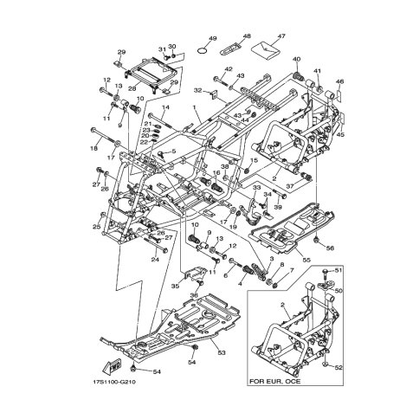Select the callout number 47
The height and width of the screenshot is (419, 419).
click(x=280, y=36)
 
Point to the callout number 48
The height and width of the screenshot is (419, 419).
click(x=246, y=35)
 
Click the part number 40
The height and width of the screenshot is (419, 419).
click(x=296, y=60)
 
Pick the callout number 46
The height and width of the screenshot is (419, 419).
click(x=339, y=81)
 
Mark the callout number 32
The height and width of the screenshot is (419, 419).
click(x=197, y=90)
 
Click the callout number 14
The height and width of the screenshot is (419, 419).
click(x=165, y=106)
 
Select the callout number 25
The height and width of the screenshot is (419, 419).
click(x=95, y=227)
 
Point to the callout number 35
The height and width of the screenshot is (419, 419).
click(x=174, y=285)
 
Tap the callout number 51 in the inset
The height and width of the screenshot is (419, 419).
click(x=338, y=271)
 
